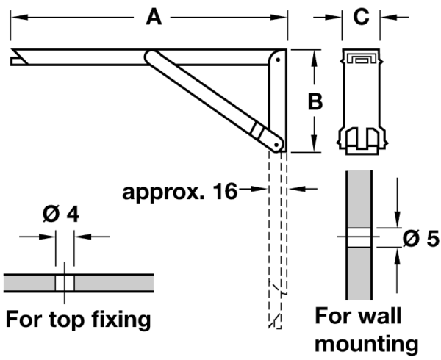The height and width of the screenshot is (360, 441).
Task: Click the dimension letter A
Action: (153, 17)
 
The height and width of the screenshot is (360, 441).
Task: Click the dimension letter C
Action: (361, 17)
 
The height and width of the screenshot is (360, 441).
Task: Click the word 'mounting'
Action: (367, 342)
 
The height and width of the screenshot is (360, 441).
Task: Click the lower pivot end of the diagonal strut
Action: (274, 142)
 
